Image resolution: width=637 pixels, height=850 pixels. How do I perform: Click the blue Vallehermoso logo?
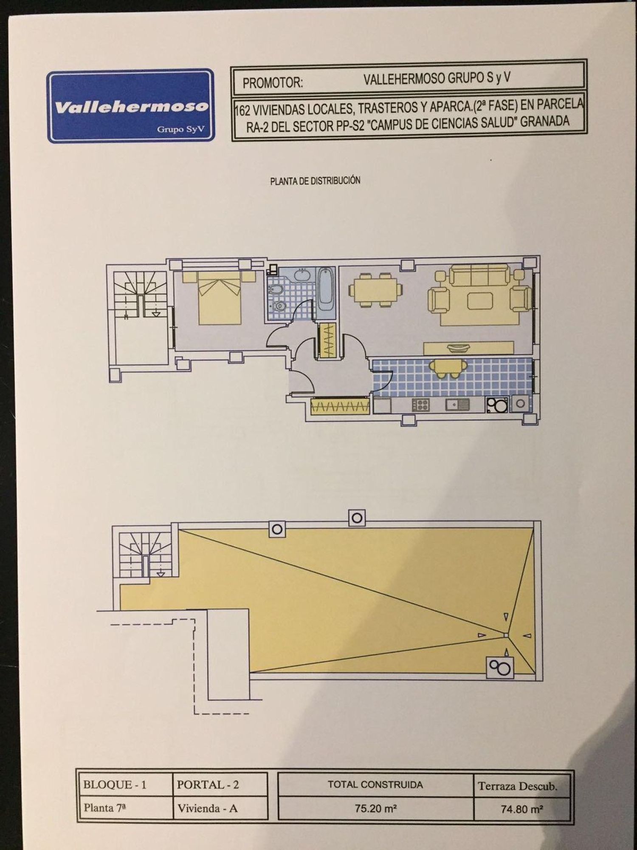(x=130, y=106)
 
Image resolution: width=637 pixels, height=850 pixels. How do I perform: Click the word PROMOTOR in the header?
(x=273, y=82)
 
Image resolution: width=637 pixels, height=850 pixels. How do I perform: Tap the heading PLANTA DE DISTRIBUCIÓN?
(x=315, y=181)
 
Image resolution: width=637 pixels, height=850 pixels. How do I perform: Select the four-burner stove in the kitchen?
(x=421, y=404)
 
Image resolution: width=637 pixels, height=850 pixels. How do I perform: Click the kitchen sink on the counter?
(x=457, y=405)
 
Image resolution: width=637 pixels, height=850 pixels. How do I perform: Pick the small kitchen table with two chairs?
(x=447, y=368)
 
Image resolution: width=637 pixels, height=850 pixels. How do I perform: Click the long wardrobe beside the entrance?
(x=339, y=407)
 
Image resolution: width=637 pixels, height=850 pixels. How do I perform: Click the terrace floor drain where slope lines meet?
(x=505, y=635)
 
